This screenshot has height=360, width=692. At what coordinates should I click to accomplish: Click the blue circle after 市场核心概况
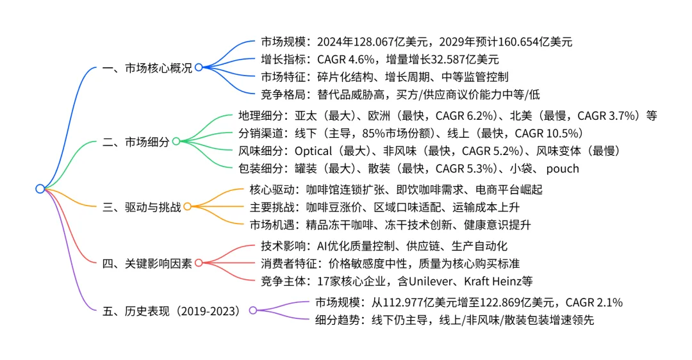point(199,68)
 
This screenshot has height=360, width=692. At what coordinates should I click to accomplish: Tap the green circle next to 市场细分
point(176,142)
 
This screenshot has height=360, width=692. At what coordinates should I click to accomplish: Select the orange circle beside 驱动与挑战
point(187,207)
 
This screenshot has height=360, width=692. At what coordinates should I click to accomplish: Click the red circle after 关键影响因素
point(198,263)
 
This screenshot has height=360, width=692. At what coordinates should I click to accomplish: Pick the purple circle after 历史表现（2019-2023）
point(252,311)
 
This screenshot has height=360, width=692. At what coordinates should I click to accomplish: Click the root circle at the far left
point(40,189)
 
